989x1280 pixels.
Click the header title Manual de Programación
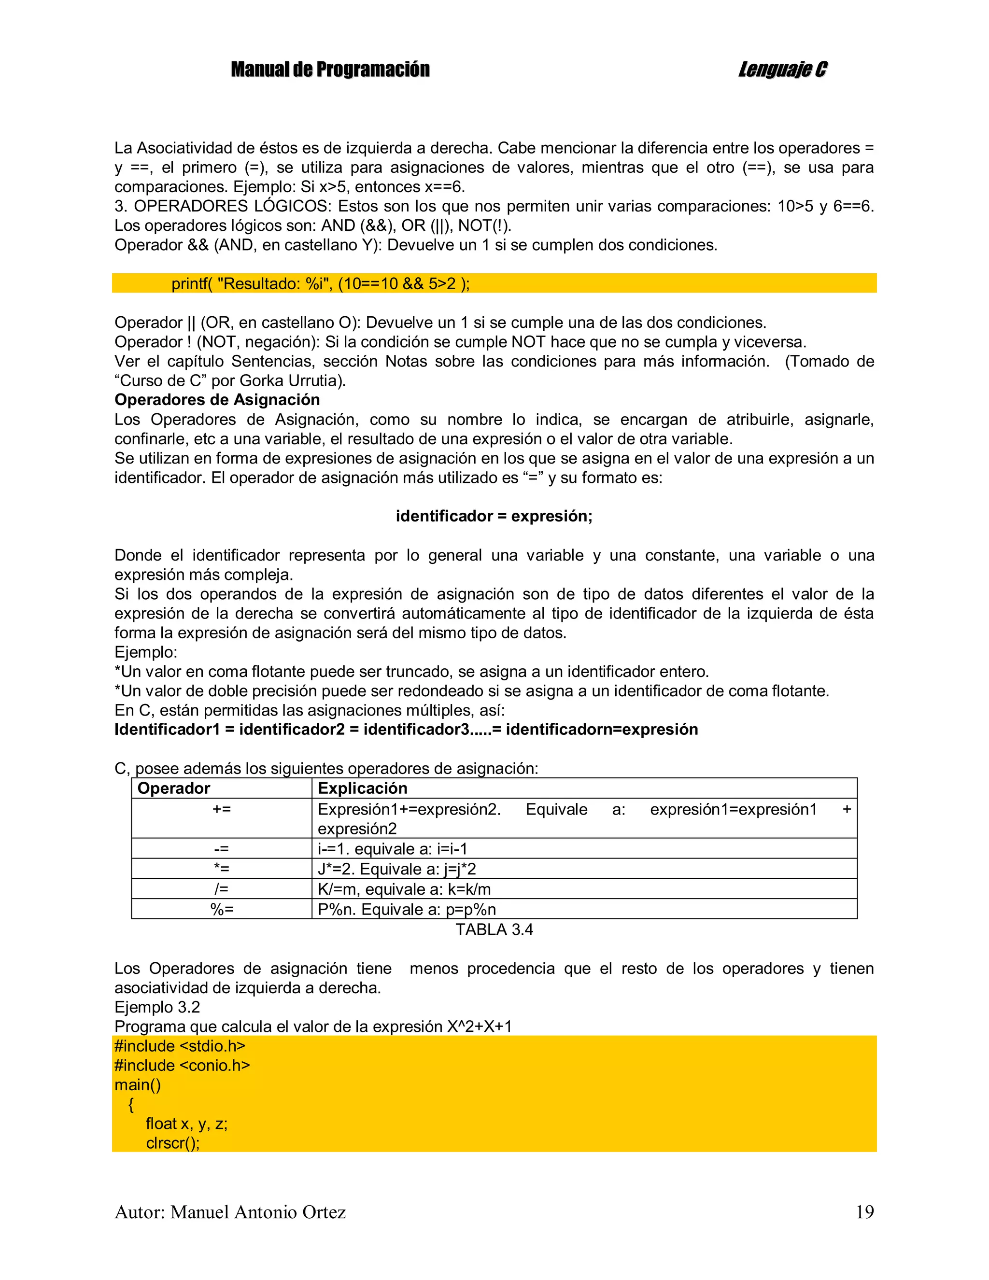(330, 70)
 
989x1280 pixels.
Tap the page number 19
(864, 1211)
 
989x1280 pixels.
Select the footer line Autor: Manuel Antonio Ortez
(230, 1211)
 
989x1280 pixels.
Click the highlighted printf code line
(320, 283)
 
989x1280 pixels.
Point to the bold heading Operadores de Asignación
(217, 400)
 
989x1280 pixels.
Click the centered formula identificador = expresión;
(494, 516)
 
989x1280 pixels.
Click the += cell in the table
(222, 809)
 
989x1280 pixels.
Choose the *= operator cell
(222, 869)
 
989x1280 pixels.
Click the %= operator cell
(222, 909)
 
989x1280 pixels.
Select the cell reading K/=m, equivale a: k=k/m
(404, 889)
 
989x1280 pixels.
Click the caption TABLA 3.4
(494, 929)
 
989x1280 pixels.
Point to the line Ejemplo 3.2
(157, 1007)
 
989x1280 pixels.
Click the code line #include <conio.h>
(182, 1065)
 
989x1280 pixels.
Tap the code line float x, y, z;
(186, 1124)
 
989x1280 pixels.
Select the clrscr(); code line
(173, 1143)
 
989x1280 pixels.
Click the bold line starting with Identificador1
(406, 729)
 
